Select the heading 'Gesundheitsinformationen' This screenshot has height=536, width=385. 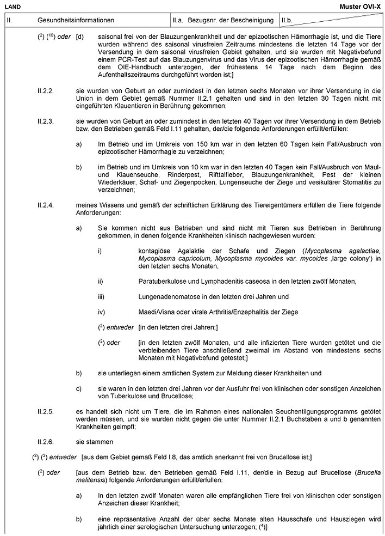coord(76,20)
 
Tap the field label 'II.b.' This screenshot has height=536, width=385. coord(288,20)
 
